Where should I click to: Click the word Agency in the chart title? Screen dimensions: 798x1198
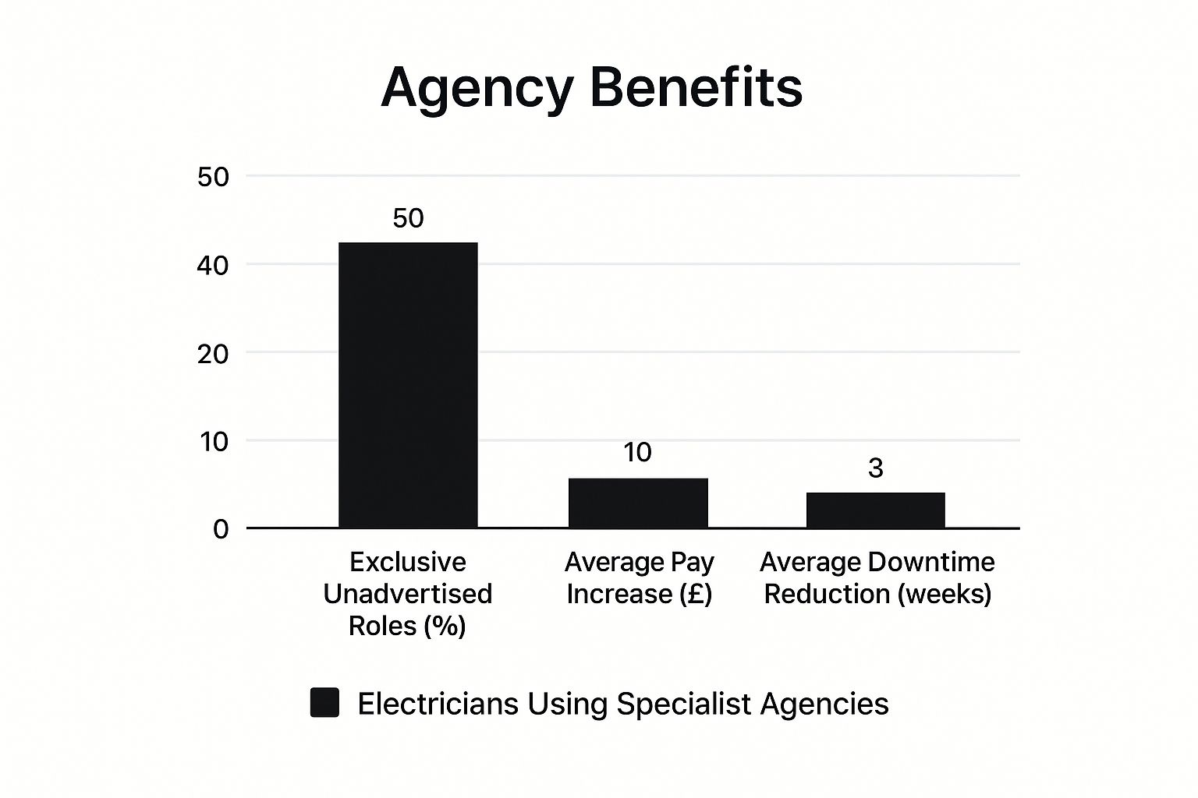click(x=477, y=87)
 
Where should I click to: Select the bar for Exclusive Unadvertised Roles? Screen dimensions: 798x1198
click(x=408, y=385)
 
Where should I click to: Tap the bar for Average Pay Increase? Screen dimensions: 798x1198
click(x=638, y=503)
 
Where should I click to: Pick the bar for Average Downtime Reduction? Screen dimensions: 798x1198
click(x=875, y=510)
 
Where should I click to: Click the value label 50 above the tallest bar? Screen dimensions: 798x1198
click(x=408, y=218)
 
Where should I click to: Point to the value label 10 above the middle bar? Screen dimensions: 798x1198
click(x=637, y=453)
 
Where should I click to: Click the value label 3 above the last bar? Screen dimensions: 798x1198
click(x=875, y=468)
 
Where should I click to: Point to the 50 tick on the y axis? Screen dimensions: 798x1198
click(x=213, y=178)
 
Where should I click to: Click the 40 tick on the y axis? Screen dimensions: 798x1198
click(x=213, y=266)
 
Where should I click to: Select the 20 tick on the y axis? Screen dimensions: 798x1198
click(x=213, y=354)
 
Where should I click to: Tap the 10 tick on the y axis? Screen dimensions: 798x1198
click(x=213, y=442)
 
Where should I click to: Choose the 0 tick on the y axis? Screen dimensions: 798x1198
click(x=221, y=530)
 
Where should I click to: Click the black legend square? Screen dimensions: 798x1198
click(x=324, y=702)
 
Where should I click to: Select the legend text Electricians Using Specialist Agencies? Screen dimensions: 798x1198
click(x=622, y=704)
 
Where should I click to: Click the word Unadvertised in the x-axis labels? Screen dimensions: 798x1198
click(x=407, y=594)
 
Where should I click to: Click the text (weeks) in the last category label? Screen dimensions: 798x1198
click(x=944, y=594)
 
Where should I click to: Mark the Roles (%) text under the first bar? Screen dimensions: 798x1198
click(x=407, y=626)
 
